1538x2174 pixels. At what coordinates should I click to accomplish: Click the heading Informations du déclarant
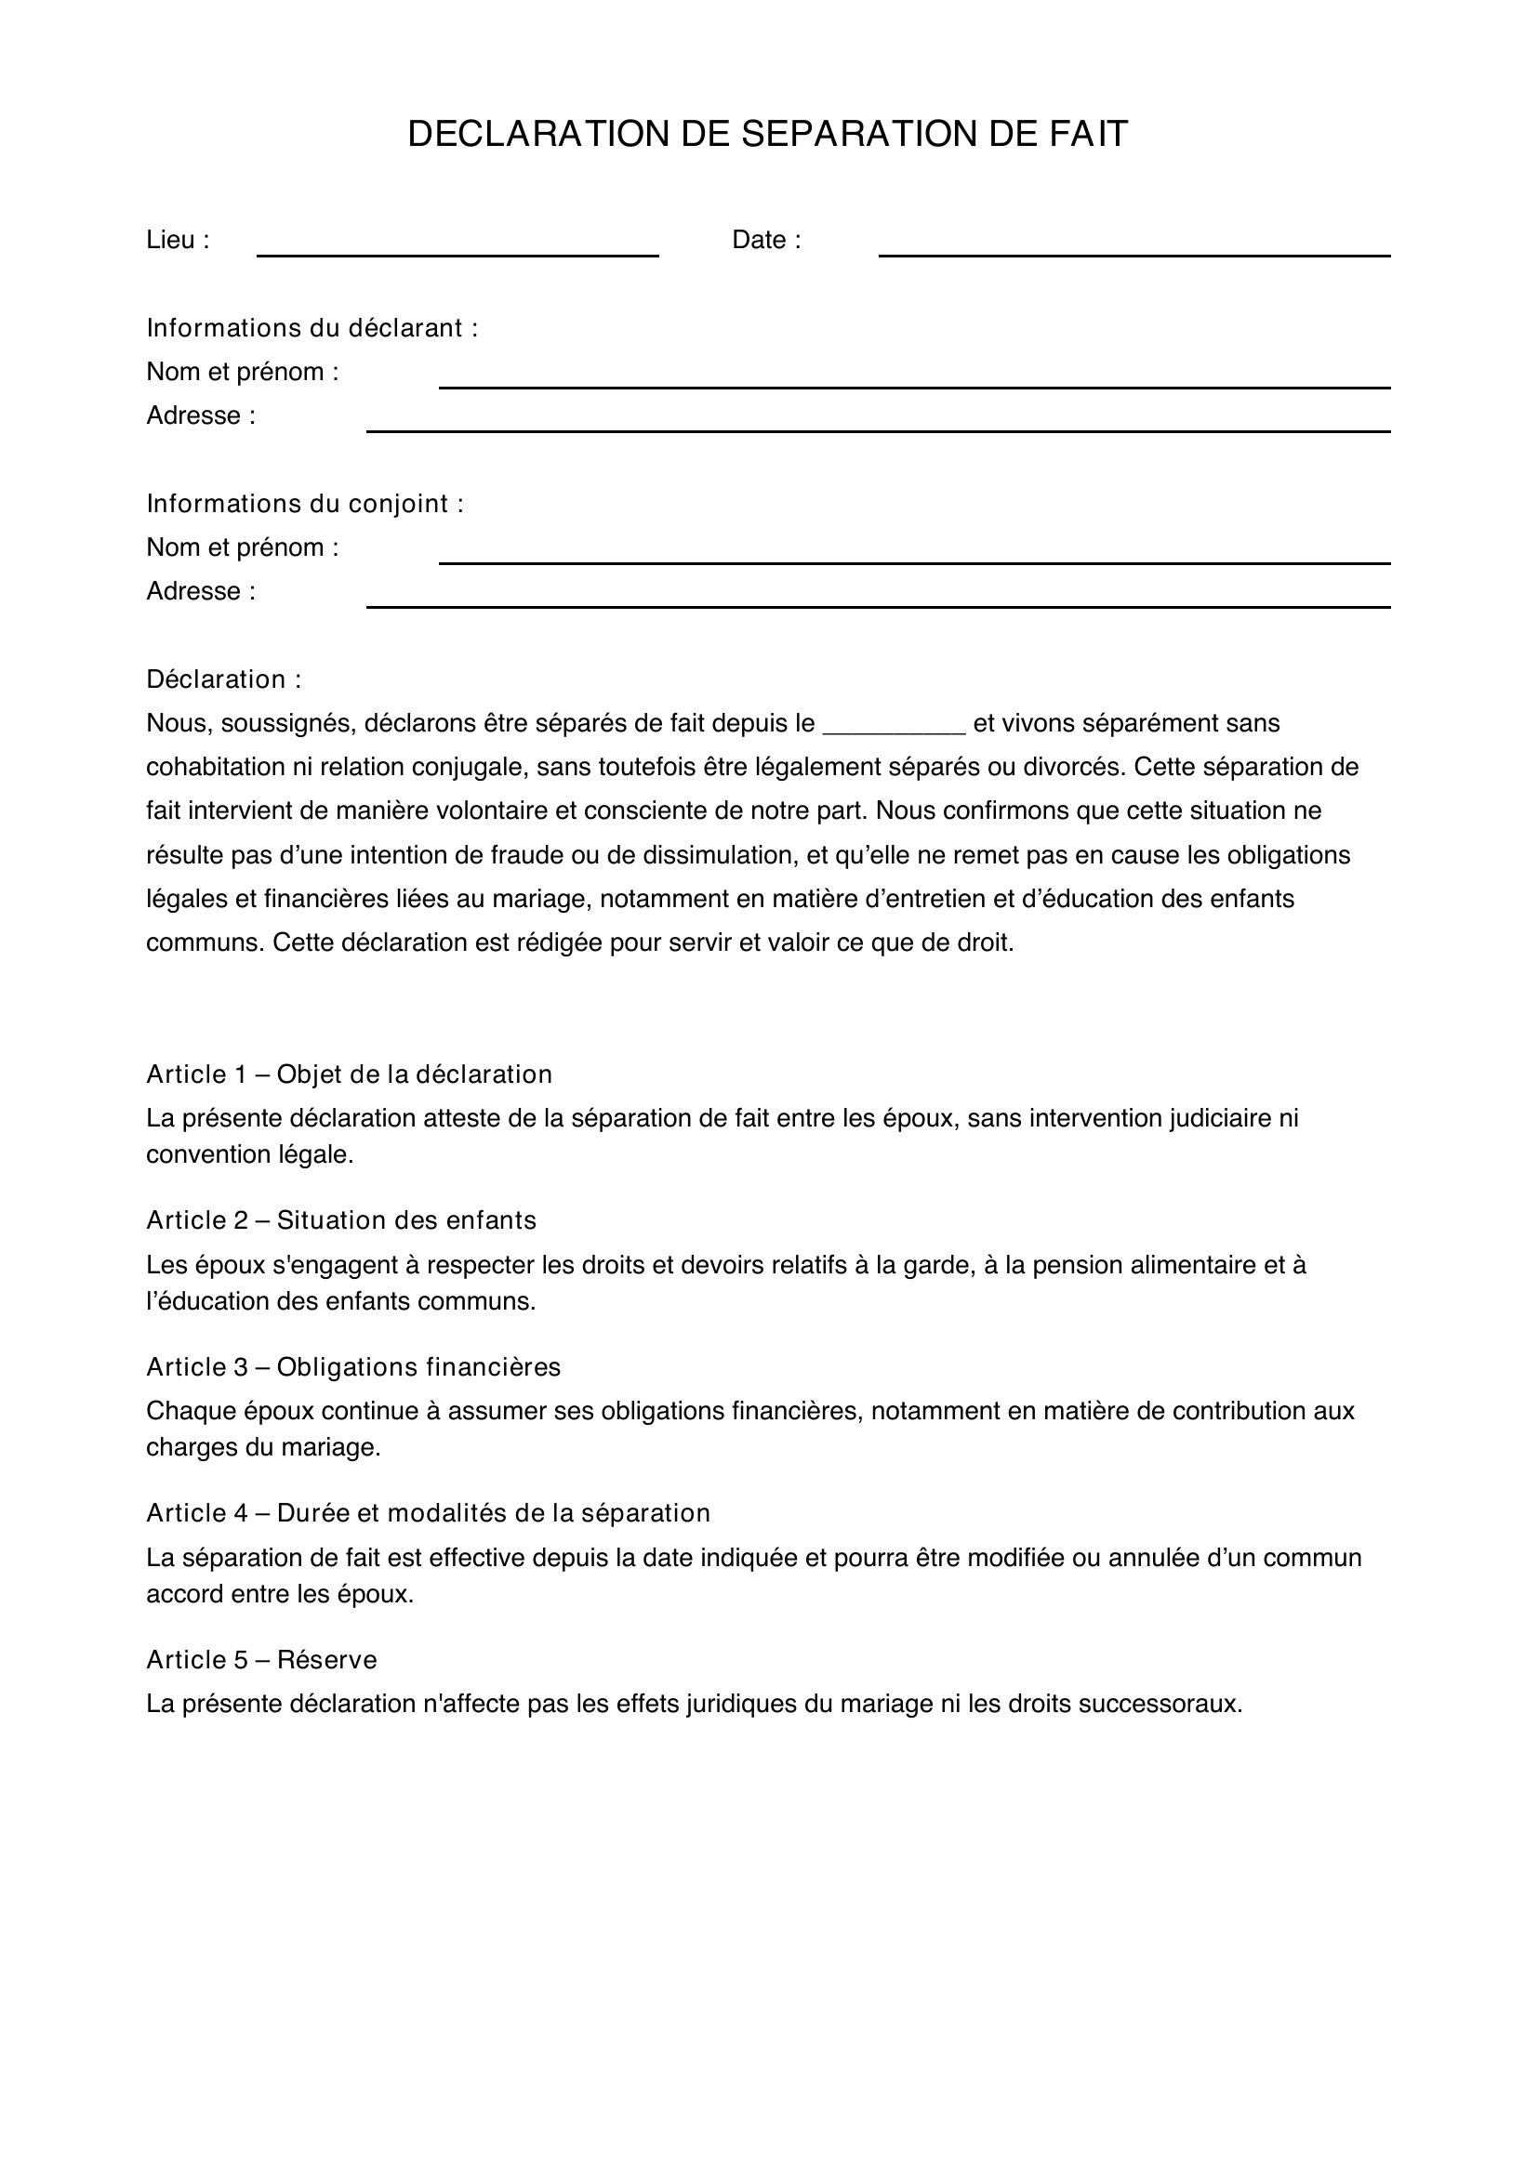pos(312,327)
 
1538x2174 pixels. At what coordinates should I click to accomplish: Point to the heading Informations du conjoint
pos(305,503)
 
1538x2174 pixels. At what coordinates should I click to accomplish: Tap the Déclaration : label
pos(223,679)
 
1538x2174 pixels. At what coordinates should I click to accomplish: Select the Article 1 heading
pos(349,1074)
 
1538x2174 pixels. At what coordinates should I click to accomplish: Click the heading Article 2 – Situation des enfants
pos(341,1219)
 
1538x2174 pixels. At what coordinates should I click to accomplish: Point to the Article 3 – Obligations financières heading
pos(353,1366)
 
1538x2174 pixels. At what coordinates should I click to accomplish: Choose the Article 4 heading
pos(428,1512)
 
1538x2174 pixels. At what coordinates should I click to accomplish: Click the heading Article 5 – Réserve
pos(261,1659)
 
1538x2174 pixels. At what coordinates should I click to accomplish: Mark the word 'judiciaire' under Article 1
pos(1221,1118)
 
